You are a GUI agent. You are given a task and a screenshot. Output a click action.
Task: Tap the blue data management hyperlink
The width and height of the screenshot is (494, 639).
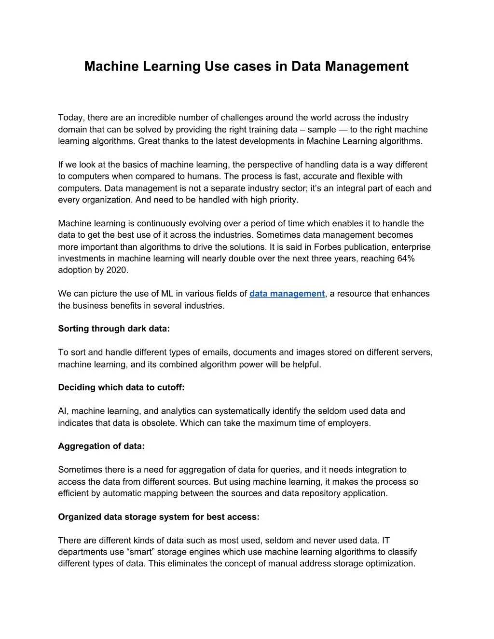(287, 294)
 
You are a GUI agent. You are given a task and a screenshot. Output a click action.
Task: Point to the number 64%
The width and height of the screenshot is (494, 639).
(405, 258)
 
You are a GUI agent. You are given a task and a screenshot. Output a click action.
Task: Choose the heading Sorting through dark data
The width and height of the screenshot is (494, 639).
(114, 329)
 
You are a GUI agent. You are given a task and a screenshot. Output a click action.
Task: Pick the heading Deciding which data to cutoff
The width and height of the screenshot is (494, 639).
(121, 387)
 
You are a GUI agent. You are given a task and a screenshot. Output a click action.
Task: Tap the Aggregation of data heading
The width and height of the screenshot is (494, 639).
(101, 446)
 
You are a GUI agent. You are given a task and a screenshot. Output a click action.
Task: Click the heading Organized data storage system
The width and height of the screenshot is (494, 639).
(159, 517)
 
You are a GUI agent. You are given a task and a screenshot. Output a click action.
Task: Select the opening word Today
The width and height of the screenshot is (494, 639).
(70, 118)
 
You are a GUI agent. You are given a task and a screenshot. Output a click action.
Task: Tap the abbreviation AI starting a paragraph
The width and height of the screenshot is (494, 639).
(63, 411)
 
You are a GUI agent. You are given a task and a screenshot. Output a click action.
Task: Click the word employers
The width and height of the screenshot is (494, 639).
(349, 423)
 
